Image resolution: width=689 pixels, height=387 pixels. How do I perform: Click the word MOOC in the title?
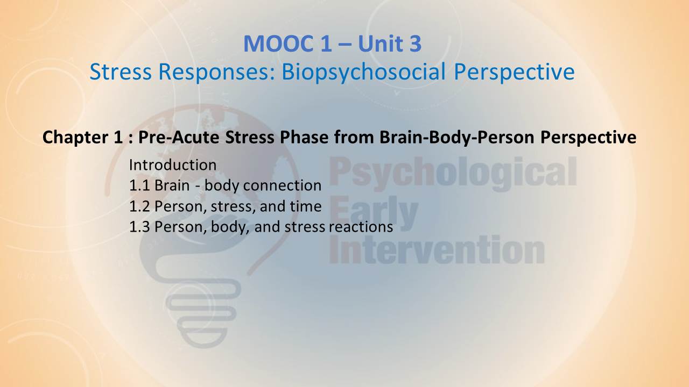click(x=279, y=44)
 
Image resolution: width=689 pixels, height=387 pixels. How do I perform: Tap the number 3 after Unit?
click(x=415, y=44)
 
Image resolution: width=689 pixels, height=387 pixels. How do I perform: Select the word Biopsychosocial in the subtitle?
click(x=363, y=73)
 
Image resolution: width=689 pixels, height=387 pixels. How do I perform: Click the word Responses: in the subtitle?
click(x=217, y=73)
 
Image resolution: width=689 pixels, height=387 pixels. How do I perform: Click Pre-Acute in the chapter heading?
click(x=179, y=137)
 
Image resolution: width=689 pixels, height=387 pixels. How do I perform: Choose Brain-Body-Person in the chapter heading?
click(x=457, y=137)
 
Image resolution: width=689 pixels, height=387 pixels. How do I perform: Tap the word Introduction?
click(x=173, y=165)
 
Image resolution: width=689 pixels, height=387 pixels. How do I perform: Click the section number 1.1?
click(x=139, y=185)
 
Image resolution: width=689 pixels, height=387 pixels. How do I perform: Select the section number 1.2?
click(x=139, y=206)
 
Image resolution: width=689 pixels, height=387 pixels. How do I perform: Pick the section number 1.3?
click(x=139, y=227)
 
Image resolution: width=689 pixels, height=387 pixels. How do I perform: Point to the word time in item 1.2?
click(x=306, y=206)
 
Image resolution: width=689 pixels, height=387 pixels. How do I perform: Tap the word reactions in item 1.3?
click(x=361, y=227)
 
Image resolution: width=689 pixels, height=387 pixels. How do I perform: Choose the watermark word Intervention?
click(x=437, y=249)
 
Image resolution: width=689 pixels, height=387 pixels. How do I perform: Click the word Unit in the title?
click(x=381, y=44)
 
